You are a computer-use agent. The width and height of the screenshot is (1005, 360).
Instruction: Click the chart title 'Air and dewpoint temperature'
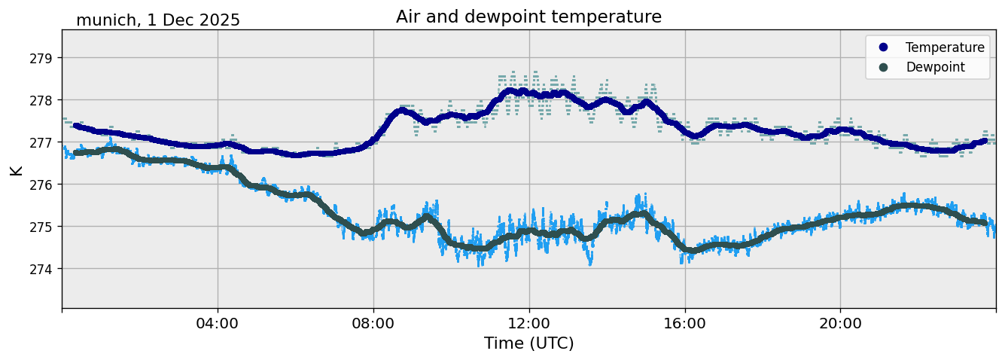click(x=528, y=17)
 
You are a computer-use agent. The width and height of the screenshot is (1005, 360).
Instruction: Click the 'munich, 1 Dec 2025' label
click(x=158, y=20)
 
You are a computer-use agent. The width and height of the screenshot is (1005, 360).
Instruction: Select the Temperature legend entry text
click(x=945, y=47)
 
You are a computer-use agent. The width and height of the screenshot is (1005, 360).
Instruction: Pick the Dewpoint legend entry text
click(x=935, y=67)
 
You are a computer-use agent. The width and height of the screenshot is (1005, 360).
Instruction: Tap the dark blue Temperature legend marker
click(x=883, y=47)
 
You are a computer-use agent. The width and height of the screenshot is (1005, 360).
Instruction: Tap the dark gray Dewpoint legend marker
click(x=883, y=67)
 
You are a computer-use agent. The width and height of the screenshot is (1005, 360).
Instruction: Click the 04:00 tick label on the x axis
click(x=218, y=323)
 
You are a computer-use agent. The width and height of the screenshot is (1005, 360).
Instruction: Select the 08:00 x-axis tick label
click(x=373, y=323)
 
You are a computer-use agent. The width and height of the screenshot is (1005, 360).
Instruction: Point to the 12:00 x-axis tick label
click(x=529, y=323)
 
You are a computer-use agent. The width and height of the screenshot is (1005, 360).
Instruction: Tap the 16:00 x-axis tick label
click(x=685, y=323)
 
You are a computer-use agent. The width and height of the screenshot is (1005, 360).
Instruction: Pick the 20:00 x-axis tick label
click(x=840, y=323)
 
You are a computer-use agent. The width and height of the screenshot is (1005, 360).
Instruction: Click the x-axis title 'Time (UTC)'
click(x=528, y=343)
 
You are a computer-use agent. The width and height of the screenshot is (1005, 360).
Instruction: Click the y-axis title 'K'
click(x=17, y=169)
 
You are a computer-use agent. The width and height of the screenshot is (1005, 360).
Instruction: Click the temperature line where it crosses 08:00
click(x=373, y=139)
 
